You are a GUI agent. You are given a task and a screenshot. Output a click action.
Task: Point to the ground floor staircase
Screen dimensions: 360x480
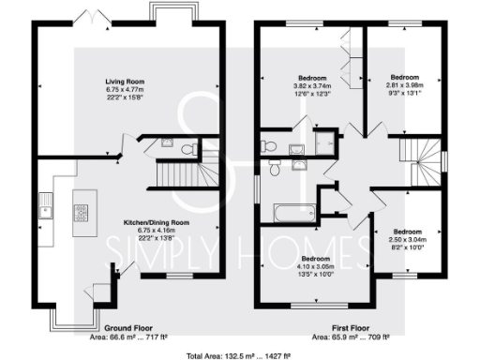point(177,174)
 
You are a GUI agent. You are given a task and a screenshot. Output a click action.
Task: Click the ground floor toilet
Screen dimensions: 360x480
point(187,148)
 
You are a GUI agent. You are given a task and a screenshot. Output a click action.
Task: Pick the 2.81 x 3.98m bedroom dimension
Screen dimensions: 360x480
point(405,83)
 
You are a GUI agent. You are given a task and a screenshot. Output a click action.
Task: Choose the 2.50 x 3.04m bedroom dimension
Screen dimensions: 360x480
point(408,238)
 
